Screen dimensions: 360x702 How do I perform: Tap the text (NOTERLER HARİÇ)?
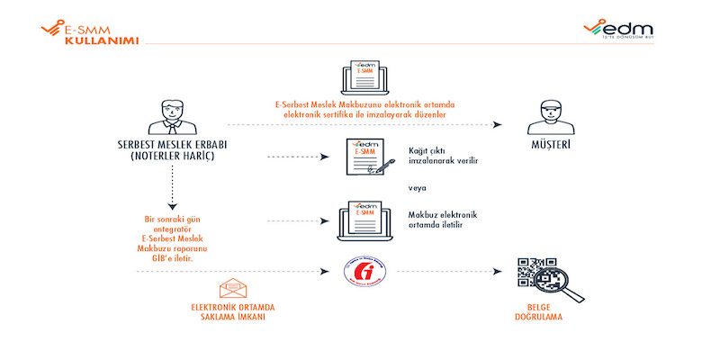[x=184, y=157]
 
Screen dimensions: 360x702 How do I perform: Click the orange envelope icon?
[x=232, y=289]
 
